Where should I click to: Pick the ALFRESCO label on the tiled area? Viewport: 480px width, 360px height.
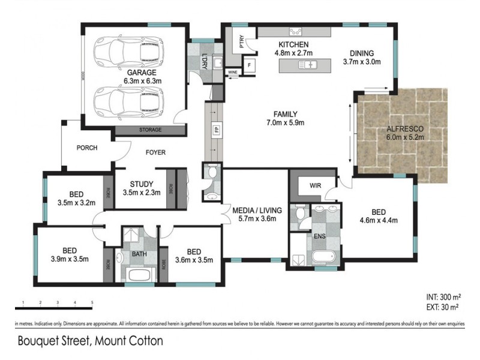[x=405, y=128]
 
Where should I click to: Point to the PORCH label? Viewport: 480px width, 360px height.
[x=86, y=148]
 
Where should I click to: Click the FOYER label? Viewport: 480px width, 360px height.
[x=155, y=152]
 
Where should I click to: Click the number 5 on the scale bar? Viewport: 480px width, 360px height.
[x=92, y=302]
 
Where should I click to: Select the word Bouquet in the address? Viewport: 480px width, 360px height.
[x=38, y=340]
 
